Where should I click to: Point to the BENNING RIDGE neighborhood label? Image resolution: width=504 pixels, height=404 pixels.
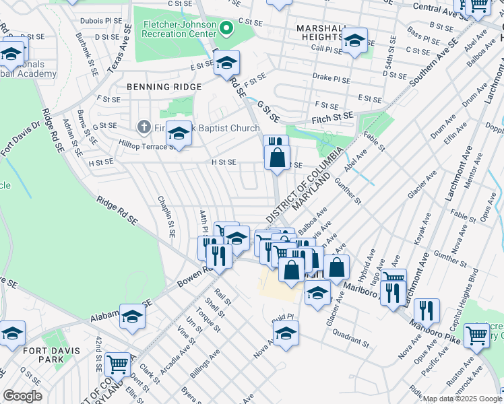(164, 87)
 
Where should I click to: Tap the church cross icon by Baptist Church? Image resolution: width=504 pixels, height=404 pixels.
(143, 126)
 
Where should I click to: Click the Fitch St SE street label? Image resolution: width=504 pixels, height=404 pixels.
(332, 117)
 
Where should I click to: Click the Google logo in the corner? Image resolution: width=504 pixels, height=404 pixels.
(22, 396)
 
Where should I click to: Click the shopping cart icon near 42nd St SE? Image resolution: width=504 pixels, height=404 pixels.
(117, 364)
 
